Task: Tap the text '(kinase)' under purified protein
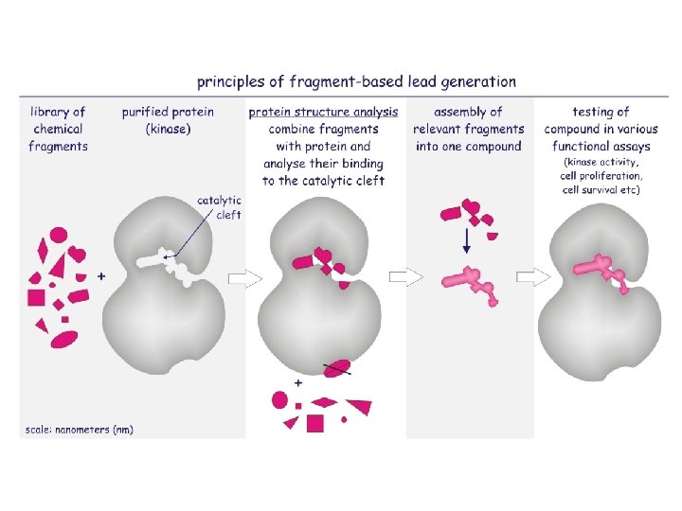pos(167,129)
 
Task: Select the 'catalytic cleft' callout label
pos(220,207)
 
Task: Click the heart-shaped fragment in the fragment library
pos(78,254)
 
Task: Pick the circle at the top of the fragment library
pos(59,235)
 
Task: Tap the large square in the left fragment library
pos(37,297)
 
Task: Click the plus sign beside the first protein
pos(101,275)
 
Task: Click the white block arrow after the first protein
pos(243,278)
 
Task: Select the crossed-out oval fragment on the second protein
pos(337,367)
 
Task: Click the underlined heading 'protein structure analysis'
pos(324,112)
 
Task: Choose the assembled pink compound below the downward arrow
pos(471,281)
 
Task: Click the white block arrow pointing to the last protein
pos(530,277)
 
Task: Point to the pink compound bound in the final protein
pos(601,270)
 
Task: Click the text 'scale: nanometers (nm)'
pos(78,430)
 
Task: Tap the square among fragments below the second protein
pos(314,423)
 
